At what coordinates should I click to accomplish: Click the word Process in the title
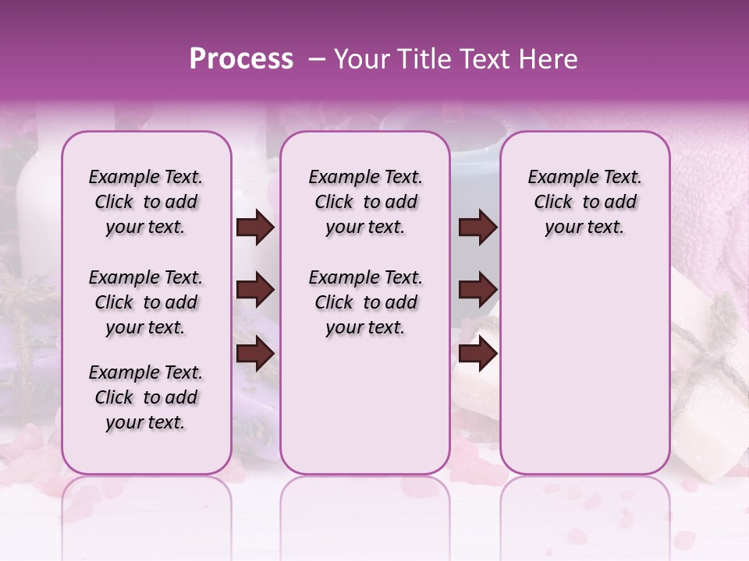pyautogui.click(x=241, y=59)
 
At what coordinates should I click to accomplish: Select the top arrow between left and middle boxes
pyautogui.click(x=255, y=228)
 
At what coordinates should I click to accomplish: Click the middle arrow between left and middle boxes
pyautogui.click(x=255, y=291)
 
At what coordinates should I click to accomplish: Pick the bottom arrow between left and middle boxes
pyautogui.click(x=255, y=353)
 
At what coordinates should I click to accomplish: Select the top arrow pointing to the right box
pyautogui.click(x=477, y=228)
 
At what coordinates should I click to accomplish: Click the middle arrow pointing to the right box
pyautogui.click(x=477, y=291)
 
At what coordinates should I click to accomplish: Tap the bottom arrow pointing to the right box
pyautogui.click(x=477, y=353)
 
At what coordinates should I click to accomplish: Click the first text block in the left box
pyautogui.click(x=146, y=202)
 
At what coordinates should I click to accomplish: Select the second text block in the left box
pyautogui.click(x=146, y=302)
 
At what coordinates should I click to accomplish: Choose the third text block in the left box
pyautogui.click(x=146, y=397)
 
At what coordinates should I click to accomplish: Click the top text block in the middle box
pyautogui.click(x=365, y=202)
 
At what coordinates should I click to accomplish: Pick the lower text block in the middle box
pyautogui.click(x=365, y=302)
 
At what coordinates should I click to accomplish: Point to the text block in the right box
pyautogui.click(x=584, y=202)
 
